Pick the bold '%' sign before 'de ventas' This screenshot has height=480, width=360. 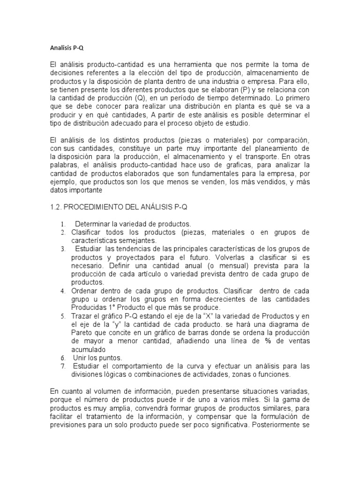pos(268,340)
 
